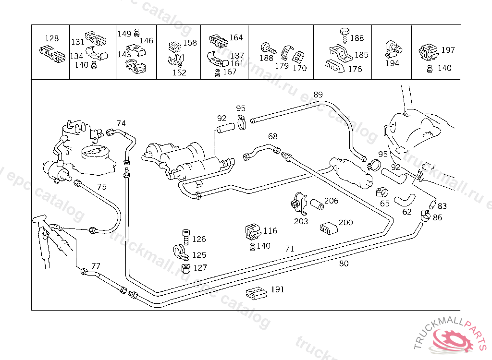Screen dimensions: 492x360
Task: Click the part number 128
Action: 52,38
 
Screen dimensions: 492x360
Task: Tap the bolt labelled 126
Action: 186,237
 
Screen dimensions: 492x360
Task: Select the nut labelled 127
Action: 186,268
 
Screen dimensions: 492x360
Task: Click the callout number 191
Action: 278,289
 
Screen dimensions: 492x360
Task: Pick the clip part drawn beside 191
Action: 256,293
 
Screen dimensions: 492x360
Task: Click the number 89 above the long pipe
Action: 318,95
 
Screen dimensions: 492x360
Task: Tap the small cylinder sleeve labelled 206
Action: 317,204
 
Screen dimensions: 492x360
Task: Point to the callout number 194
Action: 392,63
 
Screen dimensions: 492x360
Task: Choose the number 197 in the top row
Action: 448,50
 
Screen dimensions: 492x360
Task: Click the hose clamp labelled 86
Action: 426,216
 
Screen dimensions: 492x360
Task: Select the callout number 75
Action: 102,187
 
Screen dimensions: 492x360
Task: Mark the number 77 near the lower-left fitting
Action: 96,266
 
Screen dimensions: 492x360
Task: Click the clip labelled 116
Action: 253,231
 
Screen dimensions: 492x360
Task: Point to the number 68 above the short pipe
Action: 273,136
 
